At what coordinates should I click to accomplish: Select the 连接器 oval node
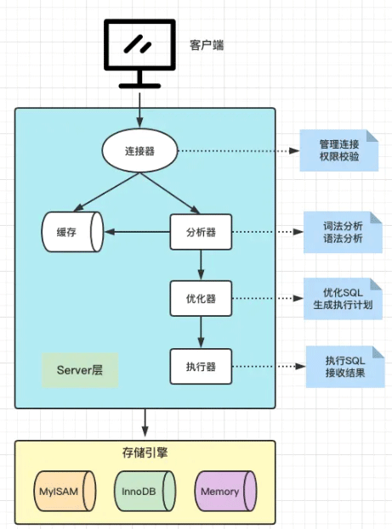[x=139, y=151]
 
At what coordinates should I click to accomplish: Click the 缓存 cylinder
[x=72, y=232]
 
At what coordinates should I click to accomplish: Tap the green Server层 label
[x=80, y=371]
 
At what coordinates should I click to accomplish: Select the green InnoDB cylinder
[x=144, y=492]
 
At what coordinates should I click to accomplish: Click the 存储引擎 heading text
[x=145, y=453]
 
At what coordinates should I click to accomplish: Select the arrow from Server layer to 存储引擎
[x=145, y=421]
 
